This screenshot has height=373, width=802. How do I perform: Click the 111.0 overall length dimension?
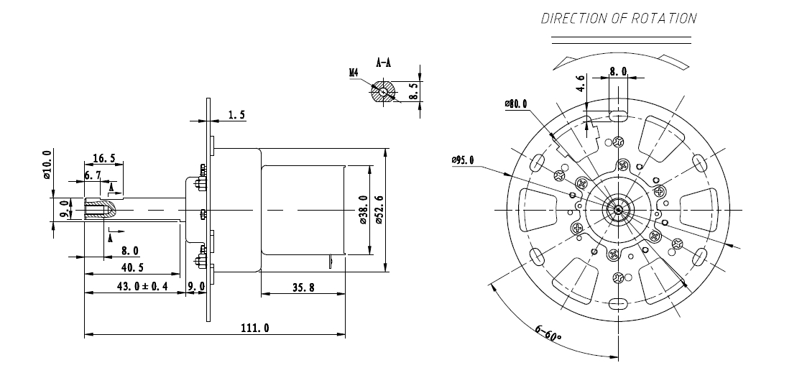[254, 328]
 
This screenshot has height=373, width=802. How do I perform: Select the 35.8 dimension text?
[303, 287]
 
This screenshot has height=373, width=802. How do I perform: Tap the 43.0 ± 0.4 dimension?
[142, 287]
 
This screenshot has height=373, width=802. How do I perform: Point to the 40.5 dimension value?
[132, 267]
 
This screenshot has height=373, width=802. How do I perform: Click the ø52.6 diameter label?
[379, 210]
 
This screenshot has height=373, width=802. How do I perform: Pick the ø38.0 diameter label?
[363, 210]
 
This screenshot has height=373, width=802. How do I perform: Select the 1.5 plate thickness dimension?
[236, 115]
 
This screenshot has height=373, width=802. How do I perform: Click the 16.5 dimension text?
[103, 159]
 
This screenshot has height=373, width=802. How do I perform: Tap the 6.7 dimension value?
[93, 175]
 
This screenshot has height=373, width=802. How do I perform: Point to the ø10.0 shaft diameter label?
[47, 165]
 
